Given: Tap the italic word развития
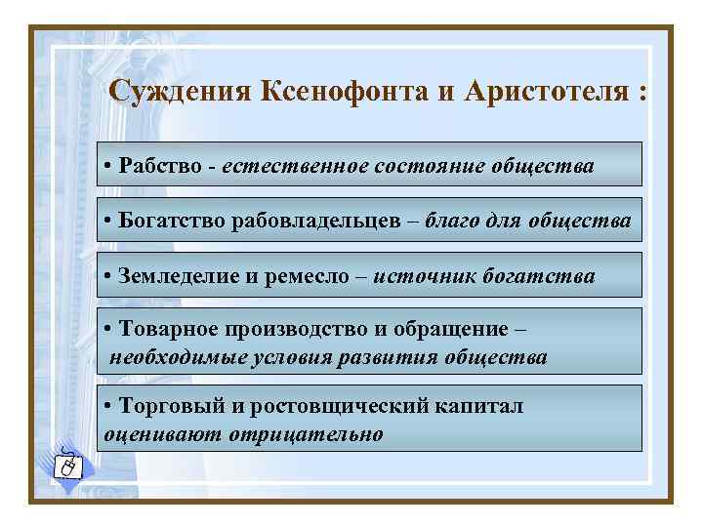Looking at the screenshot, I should coord(390,356).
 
